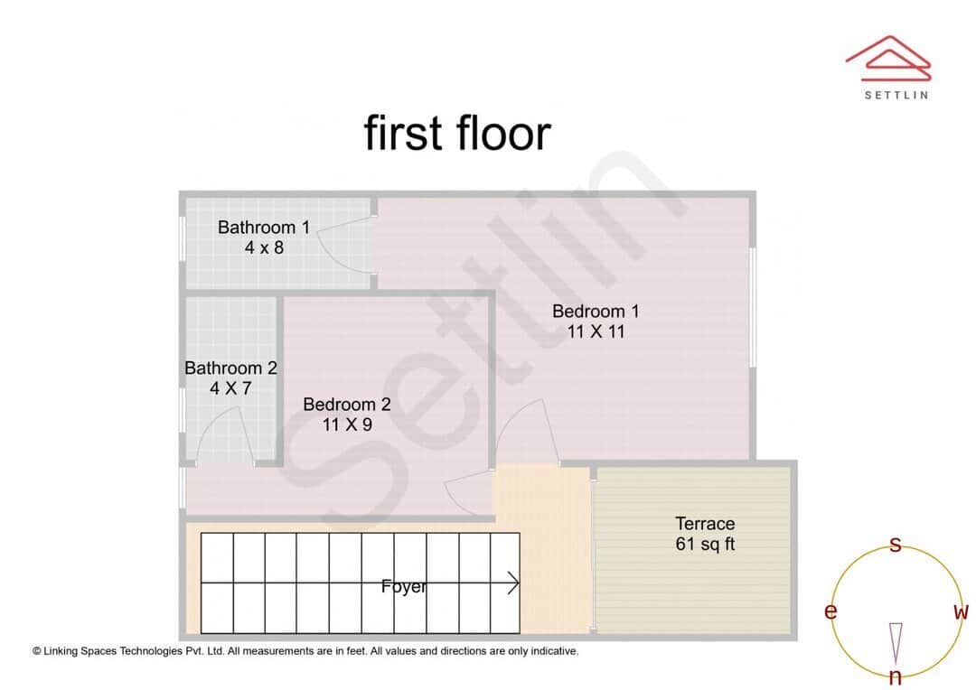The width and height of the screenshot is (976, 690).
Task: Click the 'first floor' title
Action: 457,133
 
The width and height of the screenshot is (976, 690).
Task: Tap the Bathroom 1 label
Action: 264,228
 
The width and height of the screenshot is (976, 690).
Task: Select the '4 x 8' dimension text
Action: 264,247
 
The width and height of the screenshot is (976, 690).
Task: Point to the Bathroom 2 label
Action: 230,368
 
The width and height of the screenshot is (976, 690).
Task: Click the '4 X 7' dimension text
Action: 230,389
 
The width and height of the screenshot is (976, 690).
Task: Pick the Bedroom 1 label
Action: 596,312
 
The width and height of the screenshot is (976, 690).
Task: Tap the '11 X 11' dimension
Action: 596,332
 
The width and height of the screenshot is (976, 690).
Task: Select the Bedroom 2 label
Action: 347,405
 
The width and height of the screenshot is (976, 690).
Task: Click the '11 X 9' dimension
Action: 347,424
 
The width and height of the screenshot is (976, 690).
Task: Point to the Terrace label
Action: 705,524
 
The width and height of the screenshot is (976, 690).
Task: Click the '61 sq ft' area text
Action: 705,545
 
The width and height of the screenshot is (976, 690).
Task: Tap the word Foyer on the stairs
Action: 404,587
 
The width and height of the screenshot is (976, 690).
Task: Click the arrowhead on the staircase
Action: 513,583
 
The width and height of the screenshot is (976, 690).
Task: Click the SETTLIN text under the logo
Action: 896,95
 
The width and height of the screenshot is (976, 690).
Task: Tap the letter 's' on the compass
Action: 896,545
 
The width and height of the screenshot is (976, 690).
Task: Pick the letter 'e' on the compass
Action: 831,612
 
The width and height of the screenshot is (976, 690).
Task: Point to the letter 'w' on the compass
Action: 961,612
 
